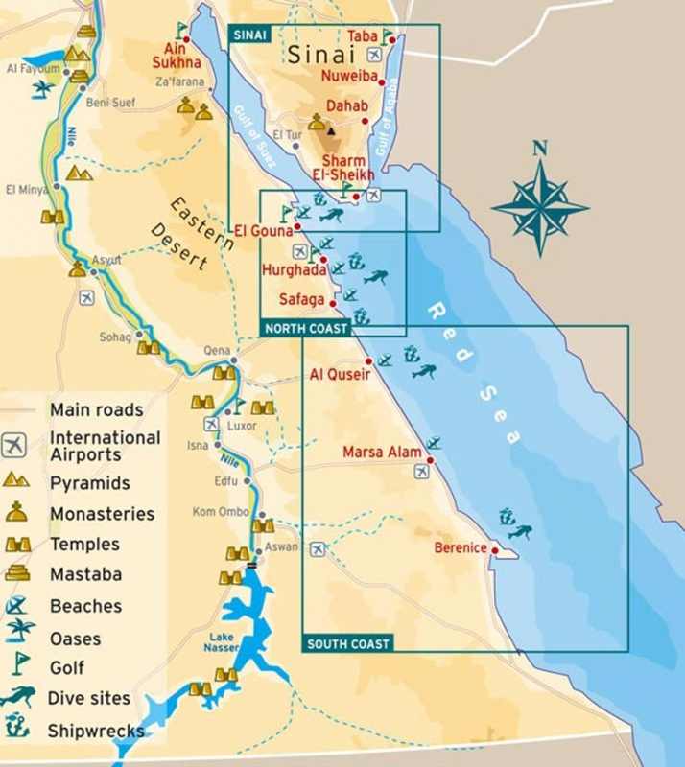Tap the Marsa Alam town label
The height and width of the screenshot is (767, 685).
pyautogui.click(x=382, y=452)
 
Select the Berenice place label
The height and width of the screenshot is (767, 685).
pyautogui.click(x=460, y=548)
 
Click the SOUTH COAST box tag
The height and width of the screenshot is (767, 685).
pyautogui.click(x=348, y=643)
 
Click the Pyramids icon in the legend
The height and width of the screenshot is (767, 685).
pyautogui.click(x=17, y=480)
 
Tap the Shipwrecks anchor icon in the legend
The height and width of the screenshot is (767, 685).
pyautogui.click(x=17, y=729)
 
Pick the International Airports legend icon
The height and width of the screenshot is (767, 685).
pyautogui.click(x=15, y=445)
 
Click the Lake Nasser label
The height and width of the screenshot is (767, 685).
pyautogui.click(x=222, y=642)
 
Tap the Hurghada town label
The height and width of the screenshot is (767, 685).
pyautogui.click(x=294, y=270)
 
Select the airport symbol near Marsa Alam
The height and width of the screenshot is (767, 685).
pyautogui.click(x=422, y=471)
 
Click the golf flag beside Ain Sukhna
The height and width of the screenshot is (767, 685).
pyautogui.click(x=182, y=30)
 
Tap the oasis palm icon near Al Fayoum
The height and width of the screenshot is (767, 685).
pyautogui.click(x=43, y=89)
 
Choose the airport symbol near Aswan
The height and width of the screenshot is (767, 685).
pyautogui.click(x=318, y=549)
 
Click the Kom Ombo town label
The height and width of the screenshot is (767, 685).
pyautogui.click(x=221, y=512)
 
